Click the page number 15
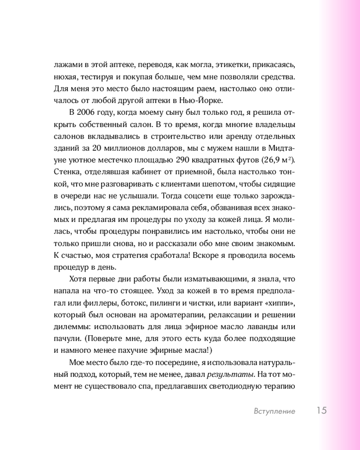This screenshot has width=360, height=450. click(321, 410)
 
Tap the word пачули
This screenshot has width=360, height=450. click(66, 337)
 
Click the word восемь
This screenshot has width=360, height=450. click(280, 256)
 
